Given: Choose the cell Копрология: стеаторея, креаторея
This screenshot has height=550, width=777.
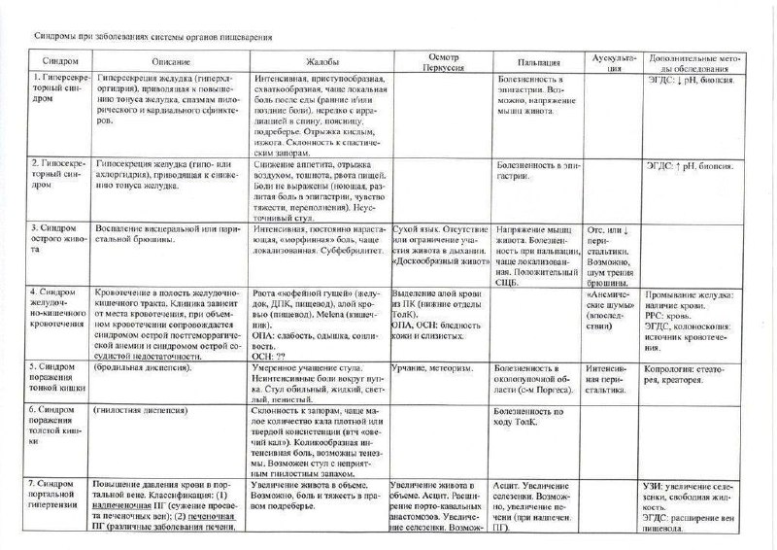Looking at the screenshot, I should pos(691,374).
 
